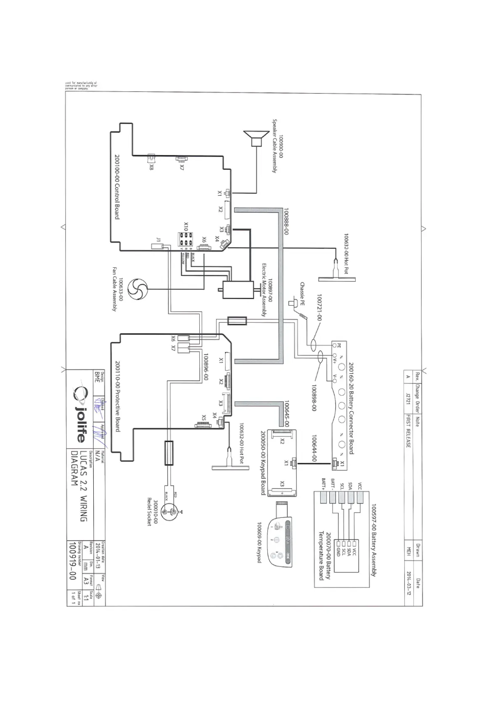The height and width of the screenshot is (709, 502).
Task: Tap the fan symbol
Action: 138,289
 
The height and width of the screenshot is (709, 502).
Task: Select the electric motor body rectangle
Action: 238,290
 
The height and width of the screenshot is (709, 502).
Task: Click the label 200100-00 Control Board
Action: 117,186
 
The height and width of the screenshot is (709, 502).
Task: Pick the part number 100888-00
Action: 286,221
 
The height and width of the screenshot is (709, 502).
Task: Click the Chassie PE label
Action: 302,294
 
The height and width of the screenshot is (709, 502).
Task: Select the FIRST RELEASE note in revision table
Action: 407,431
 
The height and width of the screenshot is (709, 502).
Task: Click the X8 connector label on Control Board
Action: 151,167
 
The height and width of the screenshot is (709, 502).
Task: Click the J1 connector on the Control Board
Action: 160,247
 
